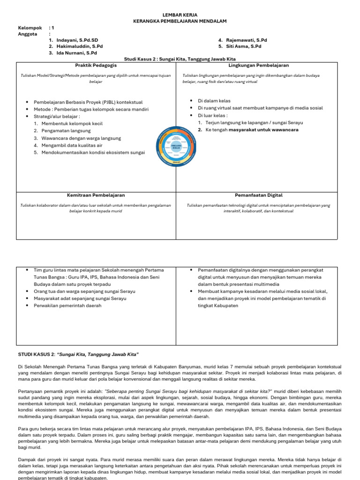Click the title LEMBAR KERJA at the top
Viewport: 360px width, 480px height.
click(180, 15)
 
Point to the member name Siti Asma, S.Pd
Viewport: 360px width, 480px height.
click(244, 46)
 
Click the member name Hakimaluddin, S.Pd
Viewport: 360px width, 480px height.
click(79, 46)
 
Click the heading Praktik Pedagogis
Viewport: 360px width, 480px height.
click(95, 66)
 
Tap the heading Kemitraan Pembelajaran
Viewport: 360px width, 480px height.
click(95, 195)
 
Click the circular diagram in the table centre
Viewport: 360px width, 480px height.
click(176, 146)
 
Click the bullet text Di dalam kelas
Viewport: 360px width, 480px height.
click(214, 101)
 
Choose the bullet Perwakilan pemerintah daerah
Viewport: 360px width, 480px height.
click(67, 306)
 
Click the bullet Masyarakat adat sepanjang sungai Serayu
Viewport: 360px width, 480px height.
click(80, 299)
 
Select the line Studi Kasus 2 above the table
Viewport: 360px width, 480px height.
click(180, 60)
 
